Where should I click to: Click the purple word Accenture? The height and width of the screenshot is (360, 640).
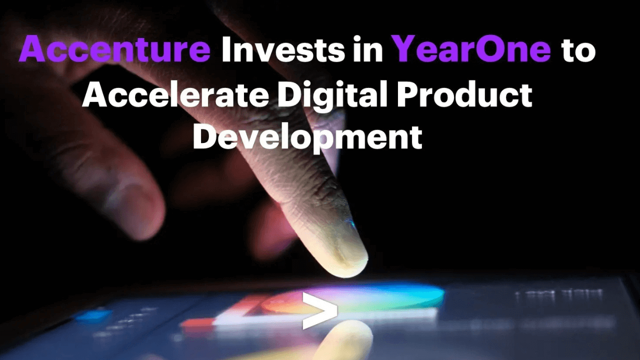point(115,49)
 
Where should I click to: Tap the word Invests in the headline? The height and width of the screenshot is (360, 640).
point(283,49)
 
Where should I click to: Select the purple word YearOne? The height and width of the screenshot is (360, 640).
point(472,49)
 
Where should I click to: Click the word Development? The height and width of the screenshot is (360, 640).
point(307,136)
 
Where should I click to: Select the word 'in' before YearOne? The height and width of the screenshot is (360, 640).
point(369,49)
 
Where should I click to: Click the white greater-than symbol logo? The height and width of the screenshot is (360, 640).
point(320,310)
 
